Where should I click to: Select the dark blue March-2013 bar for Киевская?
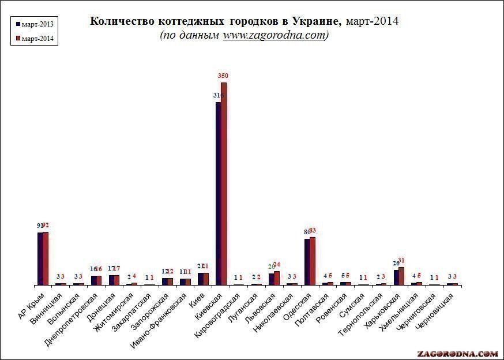click(x=218, y=193)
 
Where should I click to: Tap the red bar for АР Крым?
click(x=46, y=258)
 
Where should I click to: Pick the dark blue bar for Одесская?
click(x=307, y=262)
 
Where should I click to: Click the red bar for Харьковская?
click(x=401, y=276)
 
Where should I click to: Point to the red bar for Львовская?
click(x=276, y=278)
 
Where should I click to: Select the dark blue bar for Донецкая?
click(x=111, y=280)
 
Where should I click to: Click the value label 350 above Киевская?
click(x=224, y=76)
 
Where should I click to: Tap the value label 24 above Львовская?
click(x=276, y=265)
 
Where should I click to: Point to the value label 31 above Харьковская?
click(x=402, y=260)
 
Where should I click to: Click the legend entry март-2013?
click(x=37, y=24)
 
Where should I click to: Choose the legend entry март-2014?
click(x=37, y=38)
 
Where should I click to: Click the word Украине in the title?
click(x=312, y=21)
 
